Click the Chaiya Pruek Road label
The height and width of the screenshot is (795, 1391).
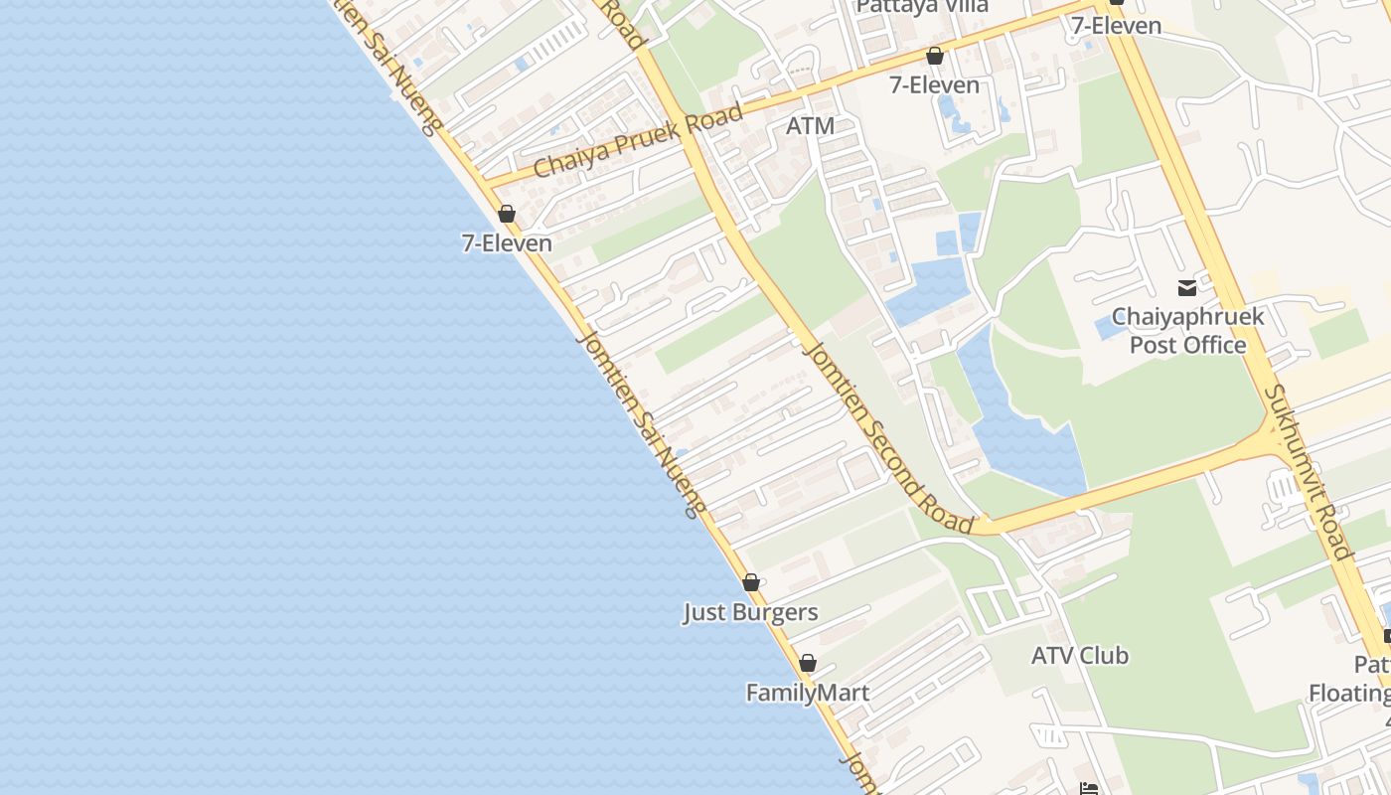[x=638, y=140]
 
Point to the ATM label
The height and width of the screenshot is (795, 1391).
[x=810, y=126]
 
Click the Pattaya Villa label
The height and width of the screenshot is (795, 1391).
[x=922, y=6]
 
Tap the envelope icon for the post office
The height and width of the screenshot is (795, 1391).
[x=1187, y=288]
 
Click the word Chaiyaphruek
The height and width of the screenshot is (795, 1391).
[x=1187, y=317]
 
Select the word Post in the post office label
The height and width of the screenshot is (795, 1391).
[x=1156, y=345]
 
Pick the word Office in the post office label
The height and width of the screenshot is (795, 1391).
[x=1215, y=345]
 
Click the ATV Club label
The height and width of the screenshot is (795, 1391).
[x=1079, y=656]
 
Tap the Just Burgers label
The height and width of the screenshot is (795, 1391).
[x=750, y=612]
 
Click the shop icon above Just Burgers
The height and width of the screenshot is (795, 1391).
[x=751, y=582]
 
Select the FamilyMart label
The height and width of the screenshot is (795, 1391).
[x=808, y=693]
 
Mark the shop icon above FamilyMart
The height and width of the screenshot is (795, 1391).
[x=808, y=663]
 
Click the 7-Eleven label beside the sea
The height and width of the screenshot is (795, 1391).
[x=507, y=242]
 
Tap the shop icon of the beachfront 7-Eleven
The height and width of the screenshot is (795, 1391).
[x=507, y=214]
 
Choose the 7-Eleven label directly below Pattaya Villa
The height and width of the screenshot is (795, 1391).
[x=934, y=85]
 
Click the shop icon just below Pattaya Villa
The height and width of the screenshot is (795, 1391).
[x=934, y=56]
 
